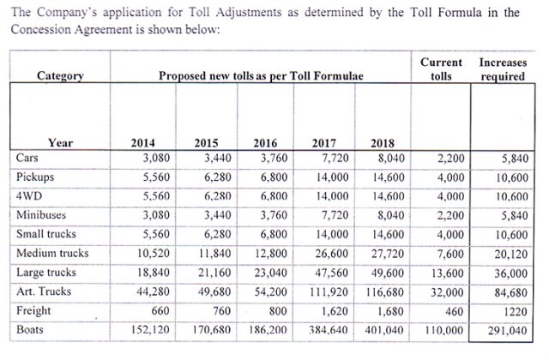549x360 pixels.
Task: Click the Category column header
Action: coord(60,76)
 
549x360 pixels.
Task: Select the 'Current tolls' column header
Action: coord(441,69)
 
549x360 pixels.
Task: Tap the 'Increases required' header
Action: coord(503,69)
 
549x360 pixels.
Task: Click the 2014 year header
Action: coord(143,143)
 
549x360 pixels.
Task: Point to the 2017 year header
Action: coord(324,143)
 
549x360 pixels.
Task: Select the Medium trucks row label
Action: coord(52,253)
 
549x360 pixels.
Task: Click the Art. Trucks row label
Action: coord(44,291)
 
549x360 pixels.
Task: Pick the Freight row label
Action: coord(33,310)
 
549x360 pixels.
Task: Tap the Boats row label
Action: coord(30,329)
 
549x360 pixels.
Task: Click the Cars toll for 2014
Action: coord(156,158)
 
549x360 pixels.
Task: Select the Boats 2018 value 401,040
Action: coord(384,330)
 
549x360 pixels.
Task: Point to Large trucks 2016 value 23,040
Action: coord(271,273)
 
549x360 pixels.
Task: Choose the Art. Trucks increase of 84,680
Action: coord(511,292)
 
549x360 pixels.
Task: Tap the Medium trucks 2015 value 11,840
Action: coord(214,254)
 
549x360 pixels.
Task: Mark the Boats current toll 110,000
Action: coord(444,330)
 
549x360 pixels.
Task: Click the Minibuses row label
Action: coord(41,214)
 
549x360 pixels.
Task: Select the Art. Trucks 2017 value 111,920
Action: coord(329,291)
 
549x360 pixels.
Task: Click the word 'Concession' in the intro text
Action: coord(40,29)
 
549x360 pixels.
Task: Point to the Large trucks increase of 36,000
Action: coord(511,273)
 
